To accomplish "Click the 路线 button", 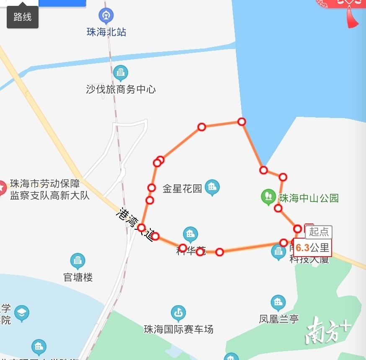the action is point(23,17).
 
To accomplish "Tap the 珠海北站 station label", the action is point(106,32).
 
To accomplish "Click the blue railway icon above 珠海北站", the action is point(106,16).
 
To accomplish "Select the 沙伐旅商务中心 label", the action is point(121,89).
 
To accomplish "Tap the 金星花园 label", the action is point(182,188).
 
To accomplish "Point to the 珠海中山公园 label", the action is point(309,198).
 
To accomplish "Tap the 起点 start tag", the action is point(319,231).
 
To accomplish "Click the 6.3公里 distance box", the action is point(312,248).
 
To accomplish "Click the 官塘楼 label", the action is point(78,277).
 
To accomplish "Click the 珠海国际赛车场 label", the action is point(178,329).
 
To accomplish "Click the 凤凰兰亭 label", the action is point(278,319).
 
